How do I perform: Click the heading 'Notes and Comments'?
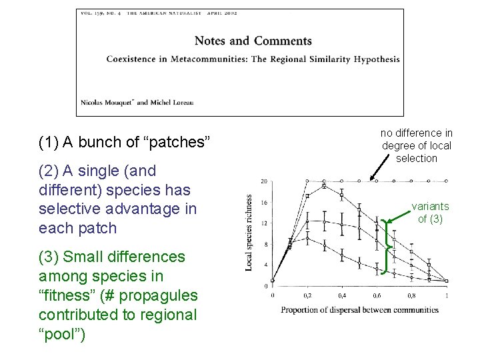tap(253, 41)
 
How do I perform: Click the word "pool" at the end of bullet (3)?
tap(61, 334)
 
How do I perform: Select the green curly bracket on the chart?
tap(386, 247)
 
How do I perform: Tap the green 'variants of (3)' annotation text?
tap(429, 213)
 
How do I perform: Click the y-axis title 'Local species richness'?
tap(249, 233)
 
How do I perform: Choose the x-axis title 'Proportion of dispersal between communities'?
tap(359, 309)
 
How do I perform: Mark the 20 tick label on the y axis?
tap(264, 181)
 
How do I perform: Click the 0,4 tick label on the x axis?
tap(342, 295)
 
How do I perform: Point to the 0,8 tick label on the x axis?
tap(411, 295)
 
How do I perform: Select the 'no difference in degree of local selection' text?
tap(417, 145)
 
